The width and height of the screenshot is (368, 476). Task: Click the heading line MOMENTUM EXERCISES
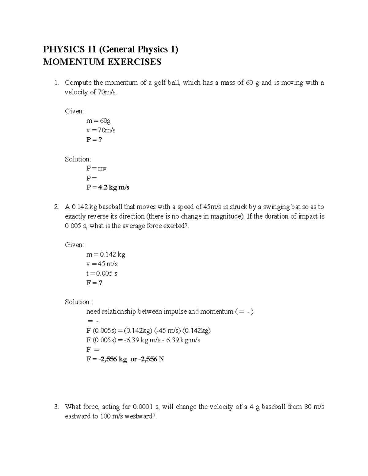tap(102, 62)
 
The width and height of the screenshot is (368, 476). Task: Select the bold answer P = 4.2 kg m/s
tap(108, 187)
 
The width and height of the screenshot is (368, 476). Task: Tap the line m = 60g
tap(98, 120)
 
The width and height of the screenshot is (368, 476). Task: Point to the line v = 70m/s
tap(101, 130)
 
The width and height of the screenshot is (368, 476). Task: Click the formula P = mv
tap(96, 168)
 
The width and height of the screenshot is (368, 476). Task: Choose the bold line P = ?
tap(94, 139)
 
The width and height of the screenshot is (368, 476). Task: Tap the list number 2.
tap(56, 207)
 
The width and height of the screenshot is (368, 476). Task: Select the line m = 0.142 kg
tap(106, 254)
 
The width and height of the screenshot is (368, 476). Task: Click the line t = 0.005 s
tap(102, 273)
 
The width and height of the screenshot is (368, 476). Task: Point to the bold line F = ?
tap(94, 283)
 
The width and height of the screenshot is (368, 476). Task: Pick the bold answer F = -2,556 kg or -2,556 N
tap(125, 359)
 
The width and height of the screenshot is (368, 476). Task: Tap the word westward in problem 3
tap(139, 416)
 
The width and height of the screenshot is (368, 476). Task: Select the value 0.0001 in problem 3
tap(143, 407)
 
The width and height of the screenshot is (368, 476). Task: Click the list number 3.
tap(56, 407)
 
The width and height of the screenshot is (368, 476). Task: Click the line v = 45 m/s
tap(102, 264)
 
